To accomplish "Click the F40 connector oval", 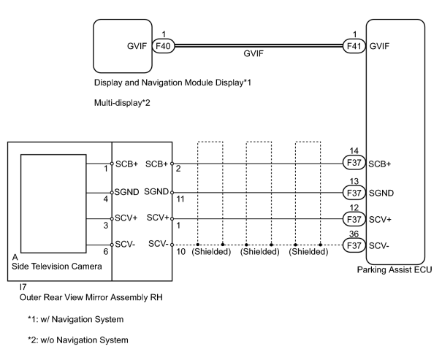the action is pyautogui.click(x=164, y=45).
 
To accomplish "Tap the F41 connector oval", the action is pyautogui.click(x=354, y=45).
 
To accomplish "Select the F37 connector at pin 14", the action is pyautogui.click(x=354, y=163).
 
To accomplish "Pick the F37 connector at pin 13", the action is pyautogui.click(x=354, y=193).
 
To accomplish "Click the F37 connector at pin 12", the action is pyautogui.click(x=354, y=219).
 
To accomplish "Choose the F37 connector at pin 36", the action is pyautogui.click(x=354, y=245).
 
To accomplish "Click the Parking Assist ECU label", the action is pyautogui.click(x=395, y=269).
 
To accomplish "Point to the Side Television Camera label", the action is pyautogui.click(x=57, y=267).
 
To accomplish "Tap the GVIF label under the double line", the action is pyautogui.click(x=254, y=53).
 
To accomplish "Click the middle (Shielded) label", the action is pyautogui.click(x=259, y=251).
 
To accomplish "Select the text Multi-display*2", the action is pyautogui.click(x=122, y=103).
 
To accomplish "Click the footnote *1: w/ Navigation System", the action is pyautogui.click(x=75, y=319).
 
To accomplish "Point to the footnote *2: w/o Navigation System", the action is pyautogui.click(x=77, y=340).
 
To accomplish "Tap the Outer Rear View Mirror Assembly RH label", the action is pyautogui.click(x=91, y=297).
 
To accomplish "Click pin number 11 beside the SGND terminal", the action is pyautogui.click(x=180, y=199).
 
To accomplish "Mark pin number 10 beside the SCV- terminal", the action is pyautogui.click(x=181, y=251).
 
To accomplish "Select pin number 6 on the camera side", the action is pyautogui.click(x=106, y=251).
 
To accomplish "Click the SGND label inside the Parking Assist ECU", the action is pyautogui.click(x=381, y=194).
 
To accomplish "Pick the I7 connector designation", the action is pyautogui.click(x=23, y=287).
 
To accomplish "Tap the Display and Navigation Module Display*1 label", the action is pyautogui.click(x=172, y=83).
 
